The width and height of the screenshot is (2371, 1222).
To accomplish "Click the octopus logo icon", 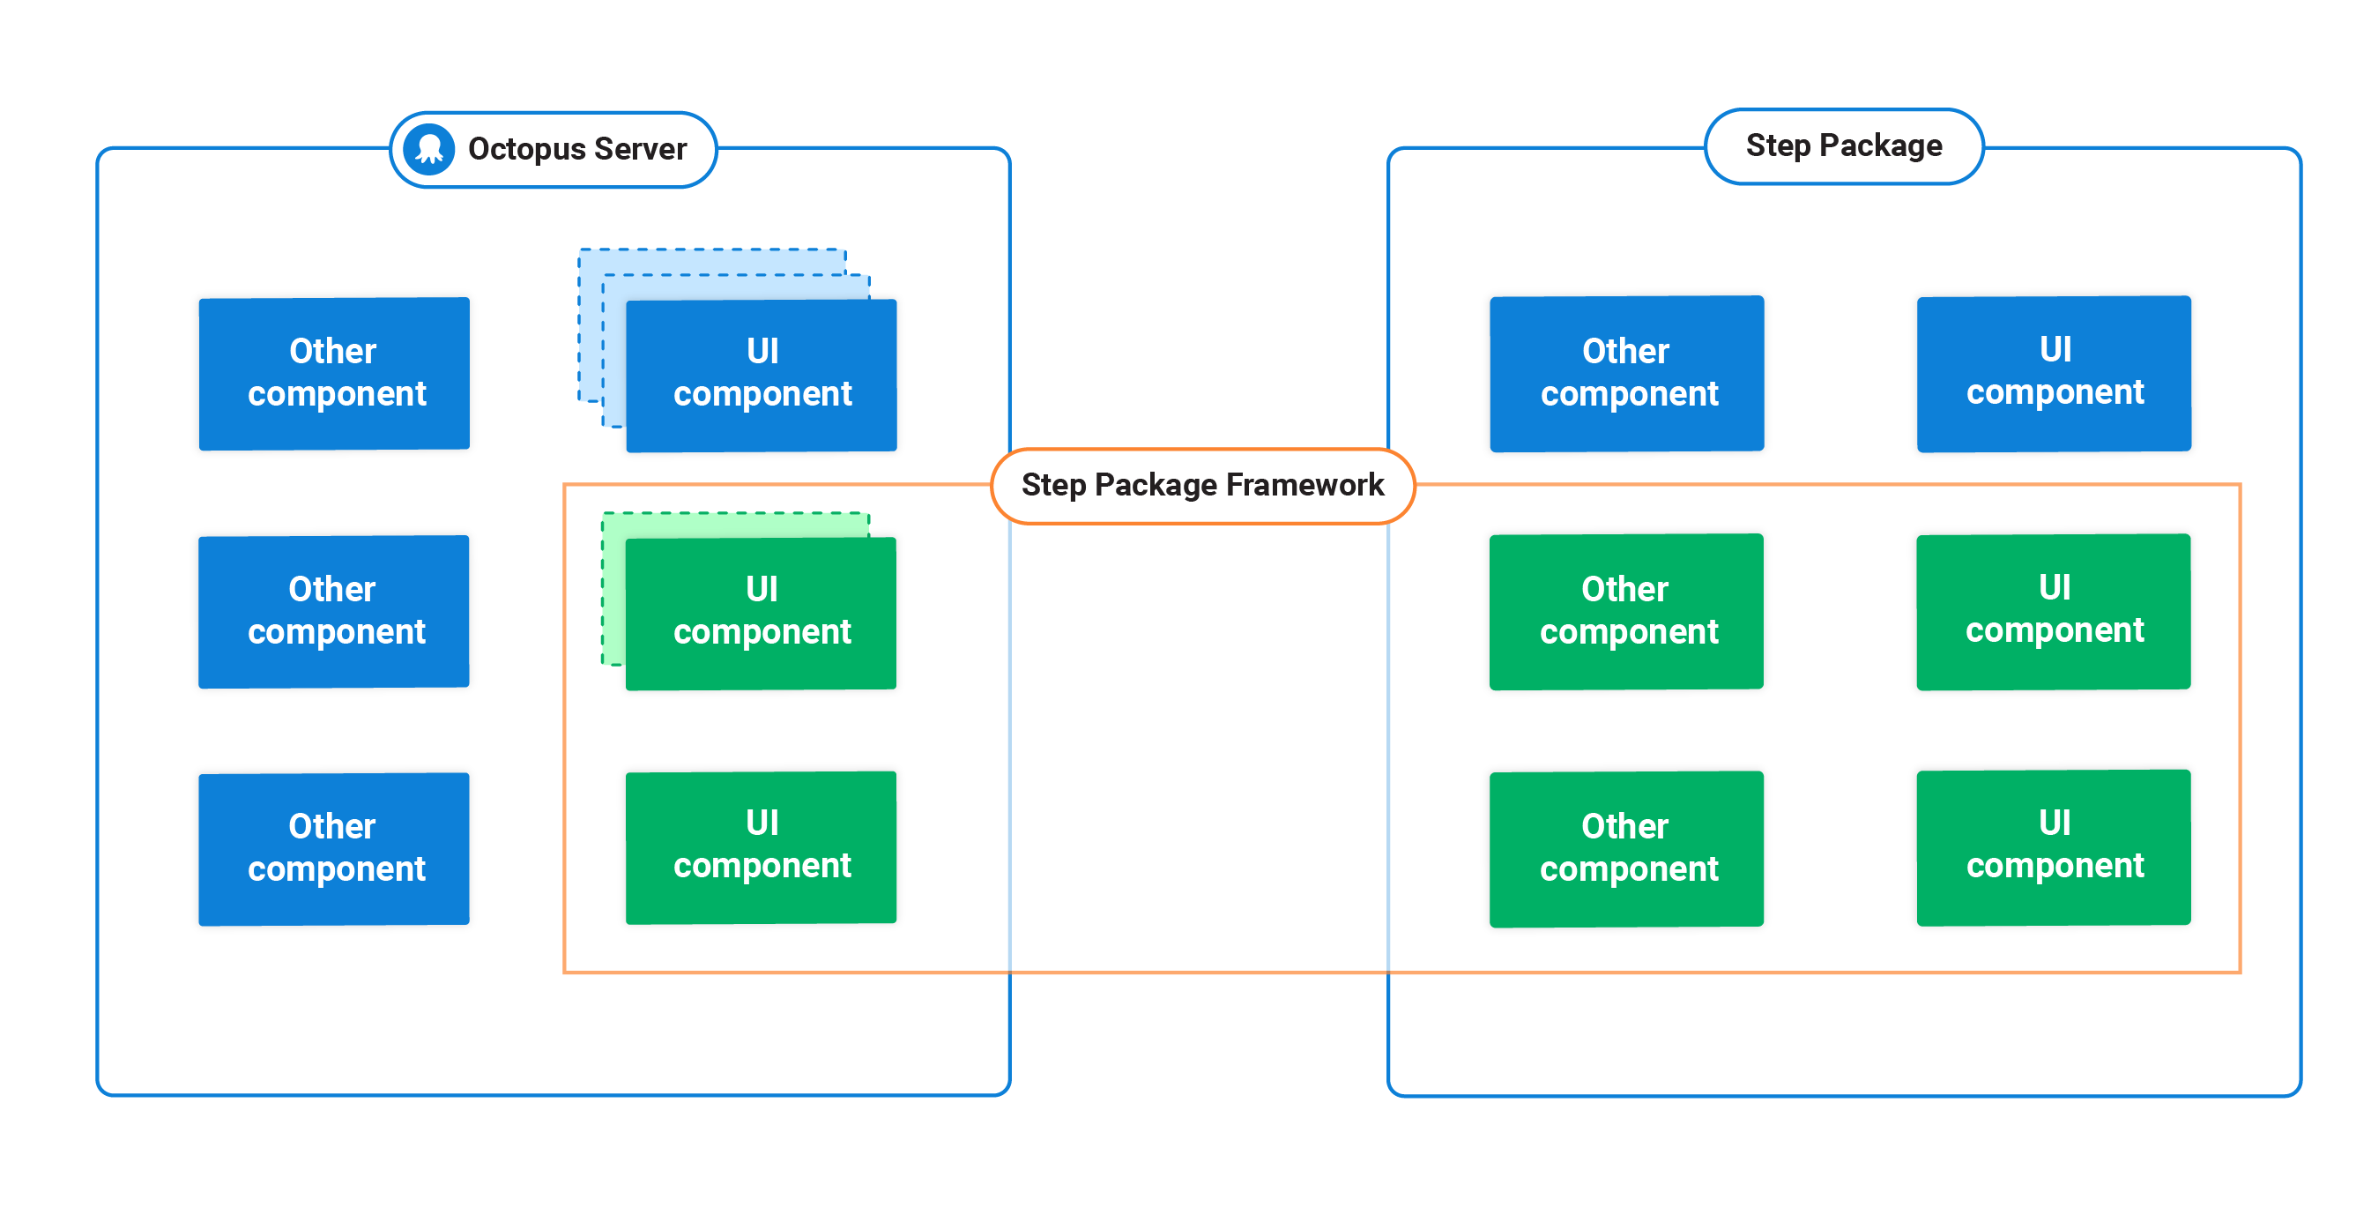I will pyautogui.click(x=429, y=149).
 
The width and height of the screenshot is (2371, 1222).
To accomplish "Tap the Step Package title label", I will pyautogui.click(x=1844, y=145).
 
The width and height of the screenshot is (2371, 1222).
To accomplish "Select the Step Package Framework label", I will pyautogui.click(x=1202, y=485).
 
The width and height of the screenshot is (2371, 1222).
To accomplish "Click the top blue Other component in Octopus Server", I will pyautogui.click(x=334, y=373).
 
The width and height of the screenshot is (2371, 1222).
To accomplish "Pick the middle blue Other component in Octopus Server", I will pyautogui.click(x=334, y=610).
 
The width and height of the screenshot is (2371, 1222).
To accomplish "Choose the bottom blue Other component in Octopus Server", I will pyautogui.click(x=334, y=848).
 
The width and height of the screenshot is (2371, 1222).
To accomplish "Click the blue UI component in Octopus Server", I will pyautogui.click(x=762, y=375).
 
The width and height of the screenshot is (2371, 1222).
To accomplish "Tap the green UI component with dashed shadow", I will pyautogui.click(x=762, y=613).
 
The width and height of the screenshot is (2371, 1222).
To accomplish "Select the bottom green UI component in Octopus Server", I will pyautogui.click(x=762, y=846).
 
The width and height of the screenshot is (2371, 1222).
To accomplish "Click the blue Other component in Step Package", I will pyautogui.click(x=1626, y=373).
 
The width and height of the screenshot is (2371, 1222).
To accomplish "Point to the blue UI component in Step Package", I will pyautogui.click(x=2054, y=373).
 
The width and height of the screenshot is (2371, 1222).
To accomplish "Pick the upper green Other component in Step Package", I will pyautogui.click(x=1626, y=610).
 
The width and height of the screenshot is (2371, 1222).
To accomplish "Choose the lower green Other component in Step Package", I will pyautogui.click(x=1626, y=848).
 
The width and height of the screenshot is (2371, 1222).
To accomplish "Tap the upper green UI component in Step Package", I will pyautogui.click(x=2054, y=610).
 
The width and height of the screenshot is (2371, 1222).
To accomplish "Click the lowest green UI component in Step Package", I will pyautogui.click(x=2054, y=846).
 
